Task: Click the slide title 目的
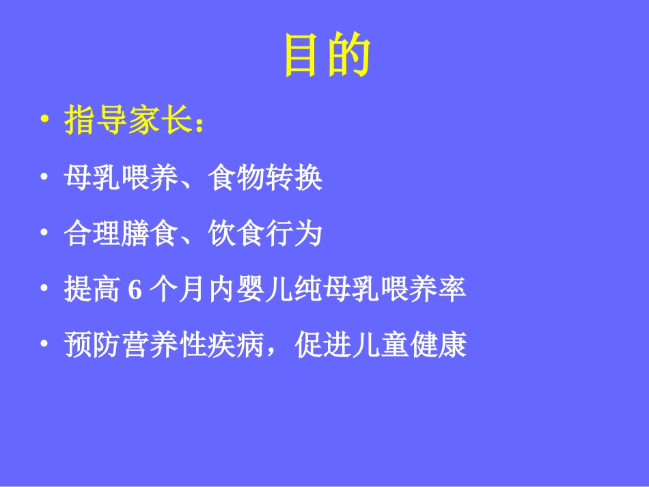tap(327, 56)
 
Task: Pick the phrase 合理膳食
tap(120, 234)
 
